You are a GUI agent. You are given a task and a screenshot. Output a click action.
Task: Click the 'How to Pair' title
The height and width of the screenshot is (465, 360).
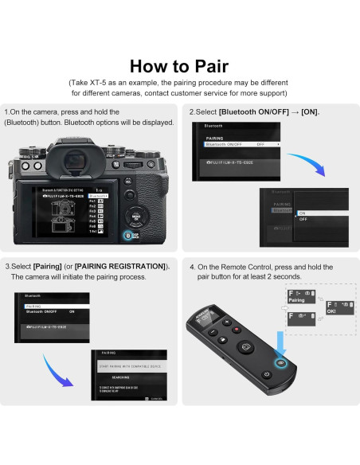pos(179,65)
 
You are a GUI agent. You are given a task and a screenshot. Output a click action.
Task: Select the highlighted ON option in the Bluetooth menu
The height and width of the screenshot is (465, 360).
pos(303,213)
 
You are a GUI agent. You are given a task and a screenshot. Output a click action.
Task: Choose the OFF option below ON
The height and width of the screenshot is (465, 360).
pos(303,220)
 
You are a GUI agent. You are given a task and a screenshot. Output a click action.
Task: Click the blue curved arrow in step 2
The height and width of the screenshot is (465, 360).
pos(311,167)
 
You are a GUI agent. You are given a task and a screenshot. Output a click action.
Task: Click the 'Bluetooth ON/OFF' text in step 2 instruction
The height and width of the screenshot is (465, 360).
pos(252,112)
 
